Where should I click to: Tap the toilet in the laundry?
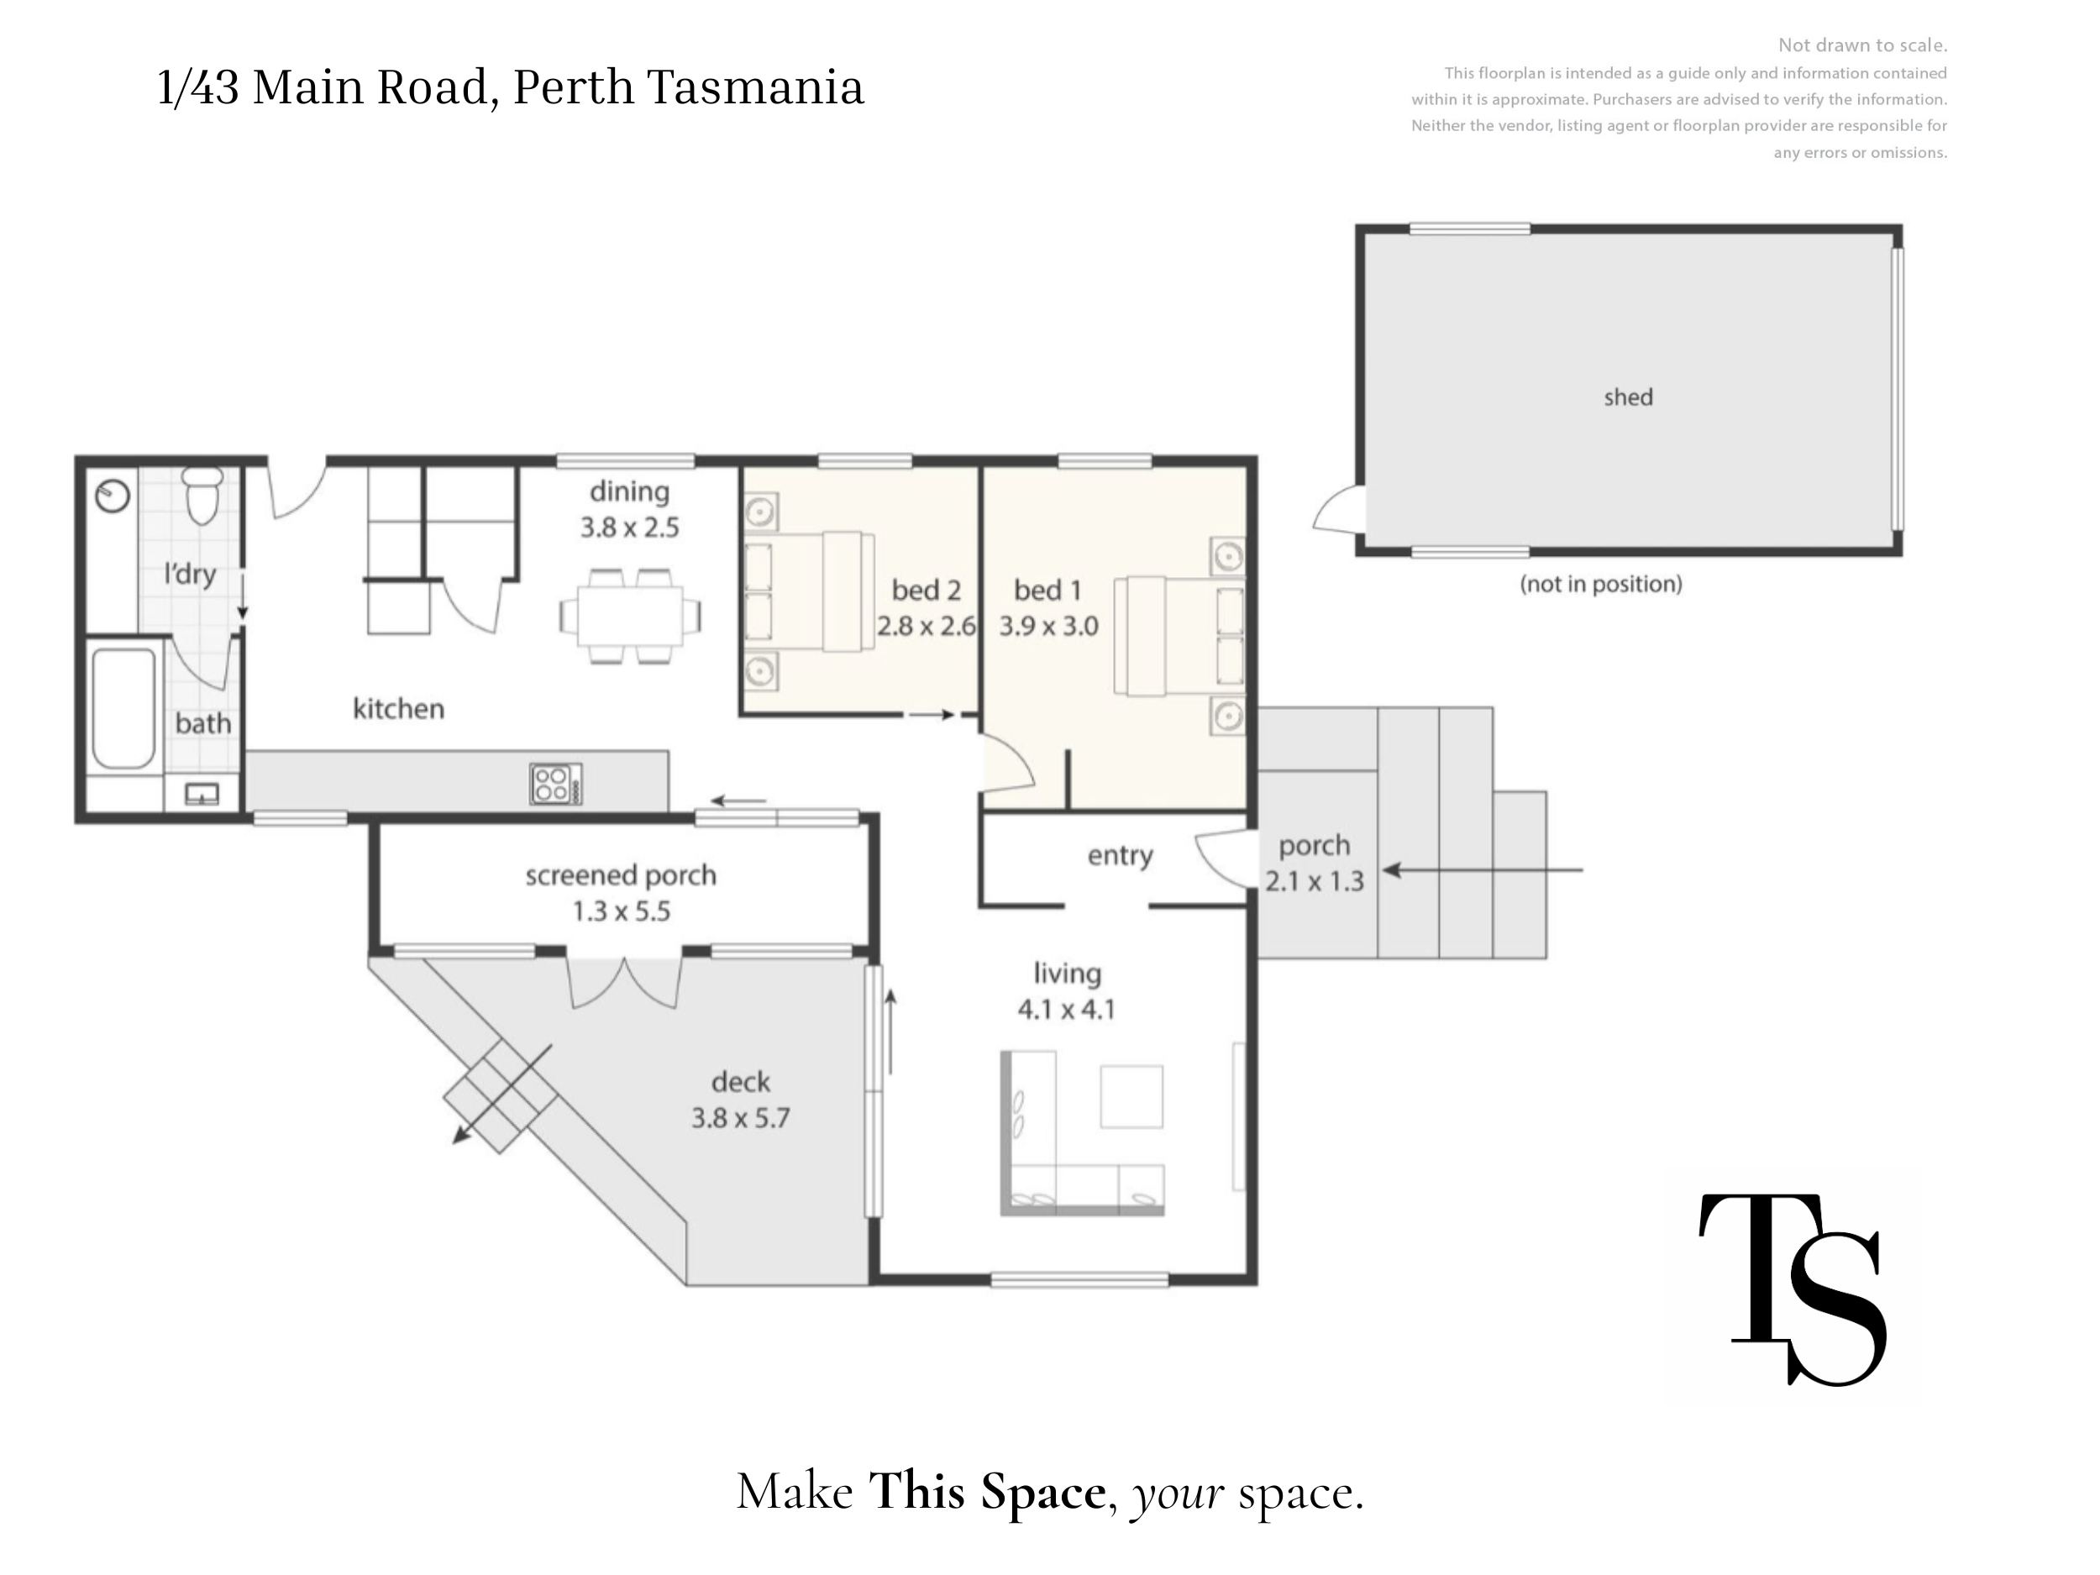pyautogui.click(x=202, y=495)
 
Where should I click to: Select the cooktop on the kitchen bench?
pyautogui.click(x=555, y=785)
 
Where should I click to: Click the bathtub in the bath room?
pyautogui.click(x=123, y=708)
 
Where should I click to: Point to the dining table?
pyautogui.click(x=630, y=615)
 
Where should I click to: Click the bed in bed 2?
pyautogui.click(x=809, y=591)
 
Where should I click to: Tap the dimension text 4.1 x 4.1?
pyautogui.click(x=1066, y=1009)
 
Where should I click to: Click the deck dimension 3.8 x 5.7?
pyautogui.click(x=741, y=1117)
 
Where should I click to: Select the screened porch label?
pyautogui.click(x=621, y=875)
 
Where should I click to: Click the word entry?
pyautogui.click(x=1121, y=855)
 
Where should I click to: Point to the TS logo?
pyautogui.click(x=1793, y=1289)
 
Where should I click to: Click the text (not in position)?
pyautogui.click(x=1601, y=584)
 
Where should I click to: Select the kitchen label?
pyautogui.click(x=399, y=708)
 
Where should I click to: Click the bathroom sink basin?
pyautogui.click(x=202, y=793)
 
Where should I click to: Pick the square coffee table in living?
pyautogui.click(x=1131, y=1096)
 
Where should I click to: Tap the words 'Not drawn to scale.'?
pyautogui.click(x=1862, y=45)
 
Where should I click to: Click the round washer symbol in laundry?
pyautogui.click(x=113, y=496)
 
